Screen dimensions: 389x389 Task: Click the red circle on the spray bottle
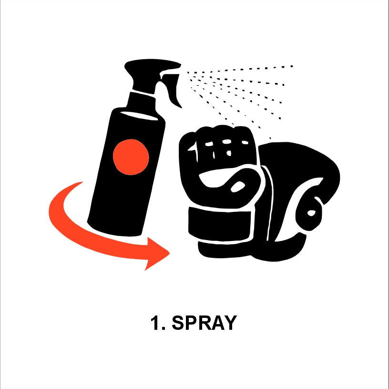(x=131, y=157)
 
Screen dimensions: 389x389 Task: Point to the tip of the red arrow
(x=170, y=253)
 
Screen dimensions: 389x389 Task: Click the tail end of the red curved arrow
(x=81, y=183)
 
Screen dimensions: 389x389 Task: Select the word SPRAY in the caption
(x=204, y=323)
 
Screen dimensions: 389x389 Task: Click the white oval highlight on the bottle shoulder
(x=139, y=116)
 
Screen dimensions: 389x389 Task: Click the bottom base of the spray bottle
(x=114, y=230)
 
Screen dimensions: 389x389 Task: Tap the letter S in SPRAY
(x=178, y=323)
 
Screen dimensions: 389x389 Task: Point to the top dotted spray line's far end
(x=292, y=66)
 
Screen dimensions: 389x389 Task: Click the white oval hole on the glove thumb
(x=238, y=186)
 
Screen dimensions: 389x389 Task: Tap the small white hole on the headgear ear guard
(x=312, y=213)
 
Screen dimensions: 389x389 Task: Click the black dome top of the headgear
(x=297, y=159)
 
